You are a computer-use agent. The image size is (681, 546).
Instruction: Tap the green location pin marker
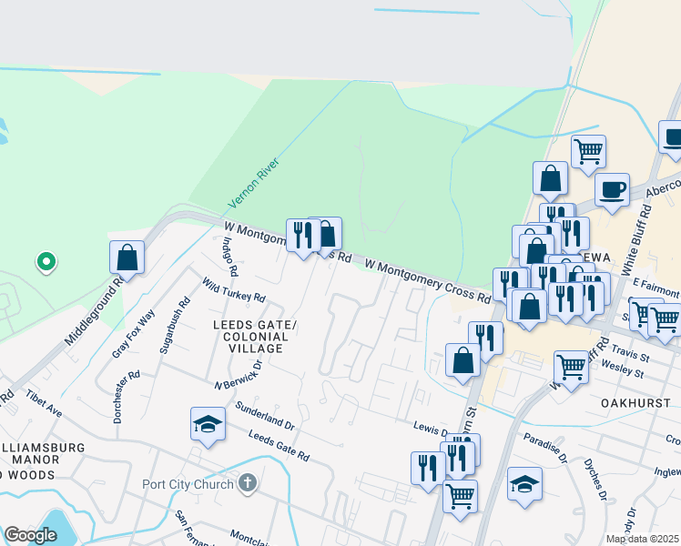click(x=46, y=263)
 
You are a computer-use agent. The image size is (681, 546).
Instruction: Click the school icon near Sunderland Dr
click(x=208, y=423)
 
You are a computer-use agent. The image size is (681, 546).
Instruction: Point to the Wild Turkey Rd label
click(x=233, y=290)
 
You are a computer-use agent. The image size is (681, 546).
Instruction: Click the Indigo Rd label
click(x=230, y=257)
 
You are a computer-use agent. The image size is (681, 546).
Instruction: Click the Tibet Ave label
click(x=43, y=405)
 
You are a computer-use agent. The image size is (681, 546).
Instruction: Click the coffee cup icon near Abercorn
click(x=612, y=189)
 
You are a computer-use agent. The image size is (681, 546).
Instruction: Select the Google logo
click(x=30, y=535)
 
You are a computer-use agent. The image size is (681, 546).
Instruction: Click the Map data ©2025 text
click(x=642, y=539)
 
